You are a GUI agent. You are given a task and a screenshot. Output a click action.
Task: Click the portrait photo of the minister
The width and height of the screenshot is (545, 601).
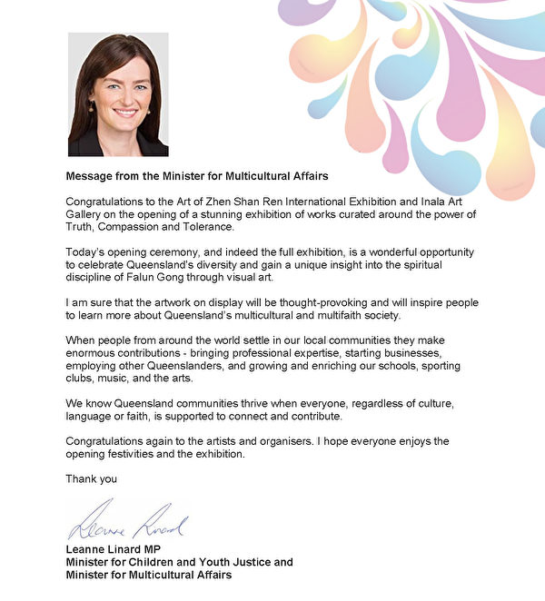pyautogui.click(x=118, y=94)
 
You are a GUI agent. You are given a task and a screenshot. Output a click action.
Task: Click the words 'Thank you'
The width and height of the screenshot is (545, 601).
pyautogui.click(x=92, y=478)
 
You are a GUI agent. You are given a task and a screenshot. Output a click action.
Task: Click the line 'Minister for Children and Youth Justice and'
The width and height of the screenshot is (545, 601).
pyautogui.click(x=180, y=562)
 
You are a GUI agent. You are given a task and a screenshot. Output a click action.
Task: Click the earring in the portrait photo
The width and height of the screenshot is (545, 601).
pyautogui.click(x=92, y=107)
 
